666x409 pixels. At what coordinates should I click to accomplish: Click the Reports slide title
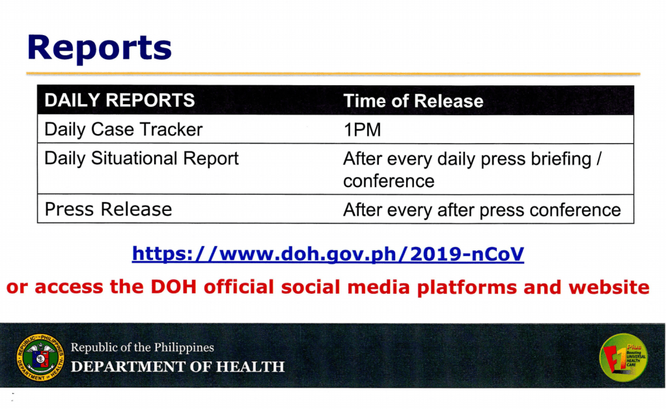tap(100, 49)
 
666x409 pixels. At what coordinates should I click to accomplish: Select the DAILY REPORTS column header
tap(119, 100)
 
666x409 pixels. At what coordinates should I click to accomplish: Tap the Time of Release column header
tap(413, 101)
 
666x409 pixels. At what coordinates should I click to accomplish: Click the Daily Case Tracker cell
tap(123, 130)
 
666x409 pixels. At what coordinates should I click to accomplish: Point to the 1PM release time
tap(362, 130)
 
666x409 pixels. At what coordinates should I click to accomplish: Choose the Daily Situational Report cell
tap(141, 158)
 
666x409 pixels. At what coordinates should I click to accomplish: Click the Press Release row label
tap(108, 209)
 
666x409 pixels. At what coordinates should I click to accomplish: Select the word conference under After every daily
tap(389, 181)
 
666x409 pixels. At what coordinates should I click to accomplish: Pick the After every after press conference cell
tap(482, 210)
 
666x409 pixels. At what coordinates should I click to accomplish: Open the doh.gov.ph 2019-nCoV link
tap(328, 254)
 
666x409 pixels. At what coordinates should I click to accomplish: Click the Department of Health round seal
tap(40, 357)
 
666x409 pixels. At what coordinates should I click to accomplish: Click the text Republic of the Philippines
tap(143, 347)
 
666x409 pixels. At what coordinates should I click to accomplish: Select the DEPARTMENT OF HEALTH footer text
tap(178, 367)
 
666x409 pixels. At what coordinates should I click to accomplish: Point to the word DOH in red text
tap(173, 287)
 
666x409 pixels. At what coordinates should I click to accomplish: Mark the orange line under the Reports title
tap(333, 74)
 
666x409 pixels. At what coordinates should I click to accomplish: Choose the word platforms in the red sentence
tap(466, 288)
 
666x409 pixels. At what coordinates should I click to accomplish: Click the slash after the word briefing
tap(599, 159)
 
